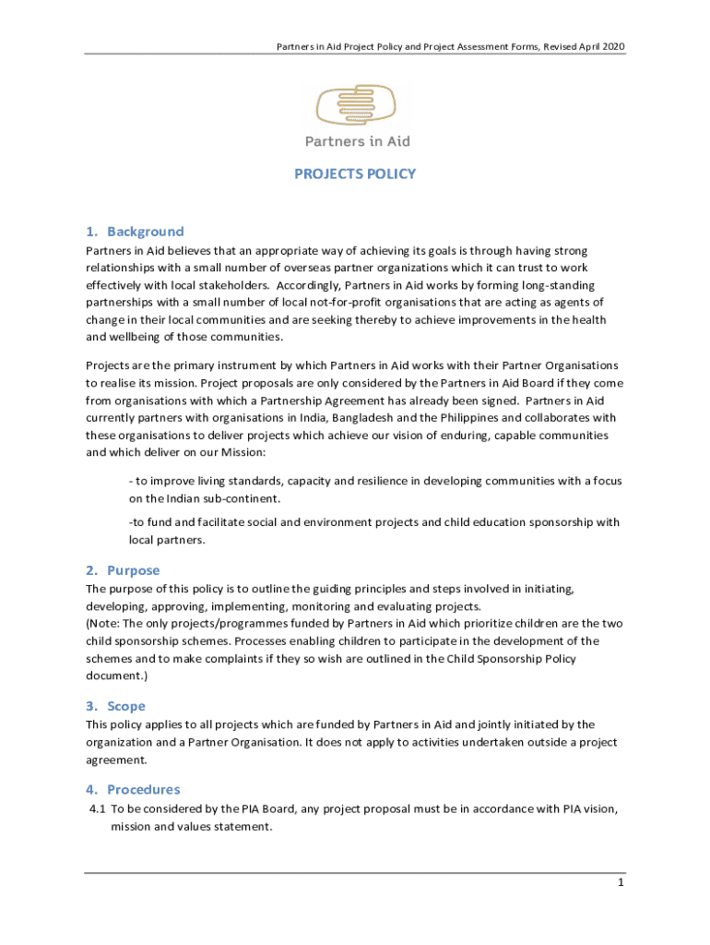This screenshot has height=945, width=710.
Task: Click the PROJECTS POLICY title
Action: point(355,173)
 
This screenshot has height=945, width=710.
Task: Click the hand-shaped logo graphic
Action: point(356,105)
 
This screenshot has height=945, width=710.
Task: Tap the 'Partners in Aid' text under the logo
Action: point(358,141)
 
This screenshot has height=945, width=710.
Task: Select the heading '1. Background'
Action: point(136,232)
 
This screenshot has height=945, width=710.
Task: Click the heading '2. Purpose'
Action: point(123,570)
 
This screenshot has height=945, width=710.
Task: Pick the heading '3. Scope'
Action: point(115,706)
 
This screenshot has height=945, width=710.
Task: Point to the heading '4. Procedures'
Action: point(133,789)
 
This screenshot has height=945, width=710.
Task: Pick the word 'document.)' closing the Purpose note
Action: point(117,676)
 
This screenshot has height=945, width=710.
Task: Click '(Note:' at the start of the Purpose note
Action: point(104,623)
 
